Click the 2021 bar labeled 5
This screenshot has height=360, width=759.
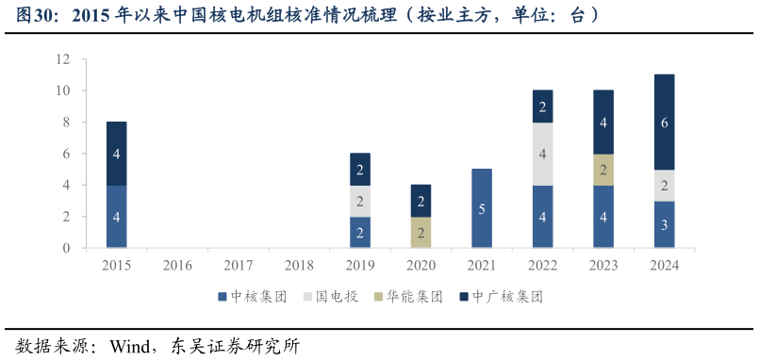(481, 208)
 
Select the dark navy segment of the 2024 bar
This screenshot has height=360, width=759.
(664, 123)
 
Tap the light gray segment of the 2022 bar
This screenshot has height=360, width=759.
(542, 154)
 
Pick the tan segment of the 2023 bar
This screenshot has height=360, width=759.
(603, 170)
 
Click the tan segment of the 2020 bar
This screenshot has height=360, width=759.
(421, 232)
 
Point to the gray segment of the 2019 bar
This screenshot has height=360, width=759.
(359, 201)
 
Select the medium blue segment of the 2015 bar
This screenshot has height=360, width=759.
(116, 217)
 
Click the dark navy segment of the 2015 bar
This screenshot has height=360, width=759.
(116, 154)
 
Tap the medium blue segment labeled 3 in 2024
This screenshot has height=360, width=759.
(664, 224)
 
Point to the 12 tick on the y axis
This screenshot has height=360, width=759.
(63, 59)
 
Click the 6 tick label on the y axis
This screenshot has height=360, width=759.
(66, 154)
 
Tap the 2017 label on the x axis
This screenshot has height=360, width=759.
(238, 266)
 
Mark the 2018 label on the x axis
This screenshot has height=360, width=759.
(299, 266)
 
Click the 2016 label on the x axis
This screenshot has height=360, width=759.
(177, 266)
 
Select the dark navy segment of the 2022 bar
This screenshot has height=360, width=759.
(542, 106)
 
